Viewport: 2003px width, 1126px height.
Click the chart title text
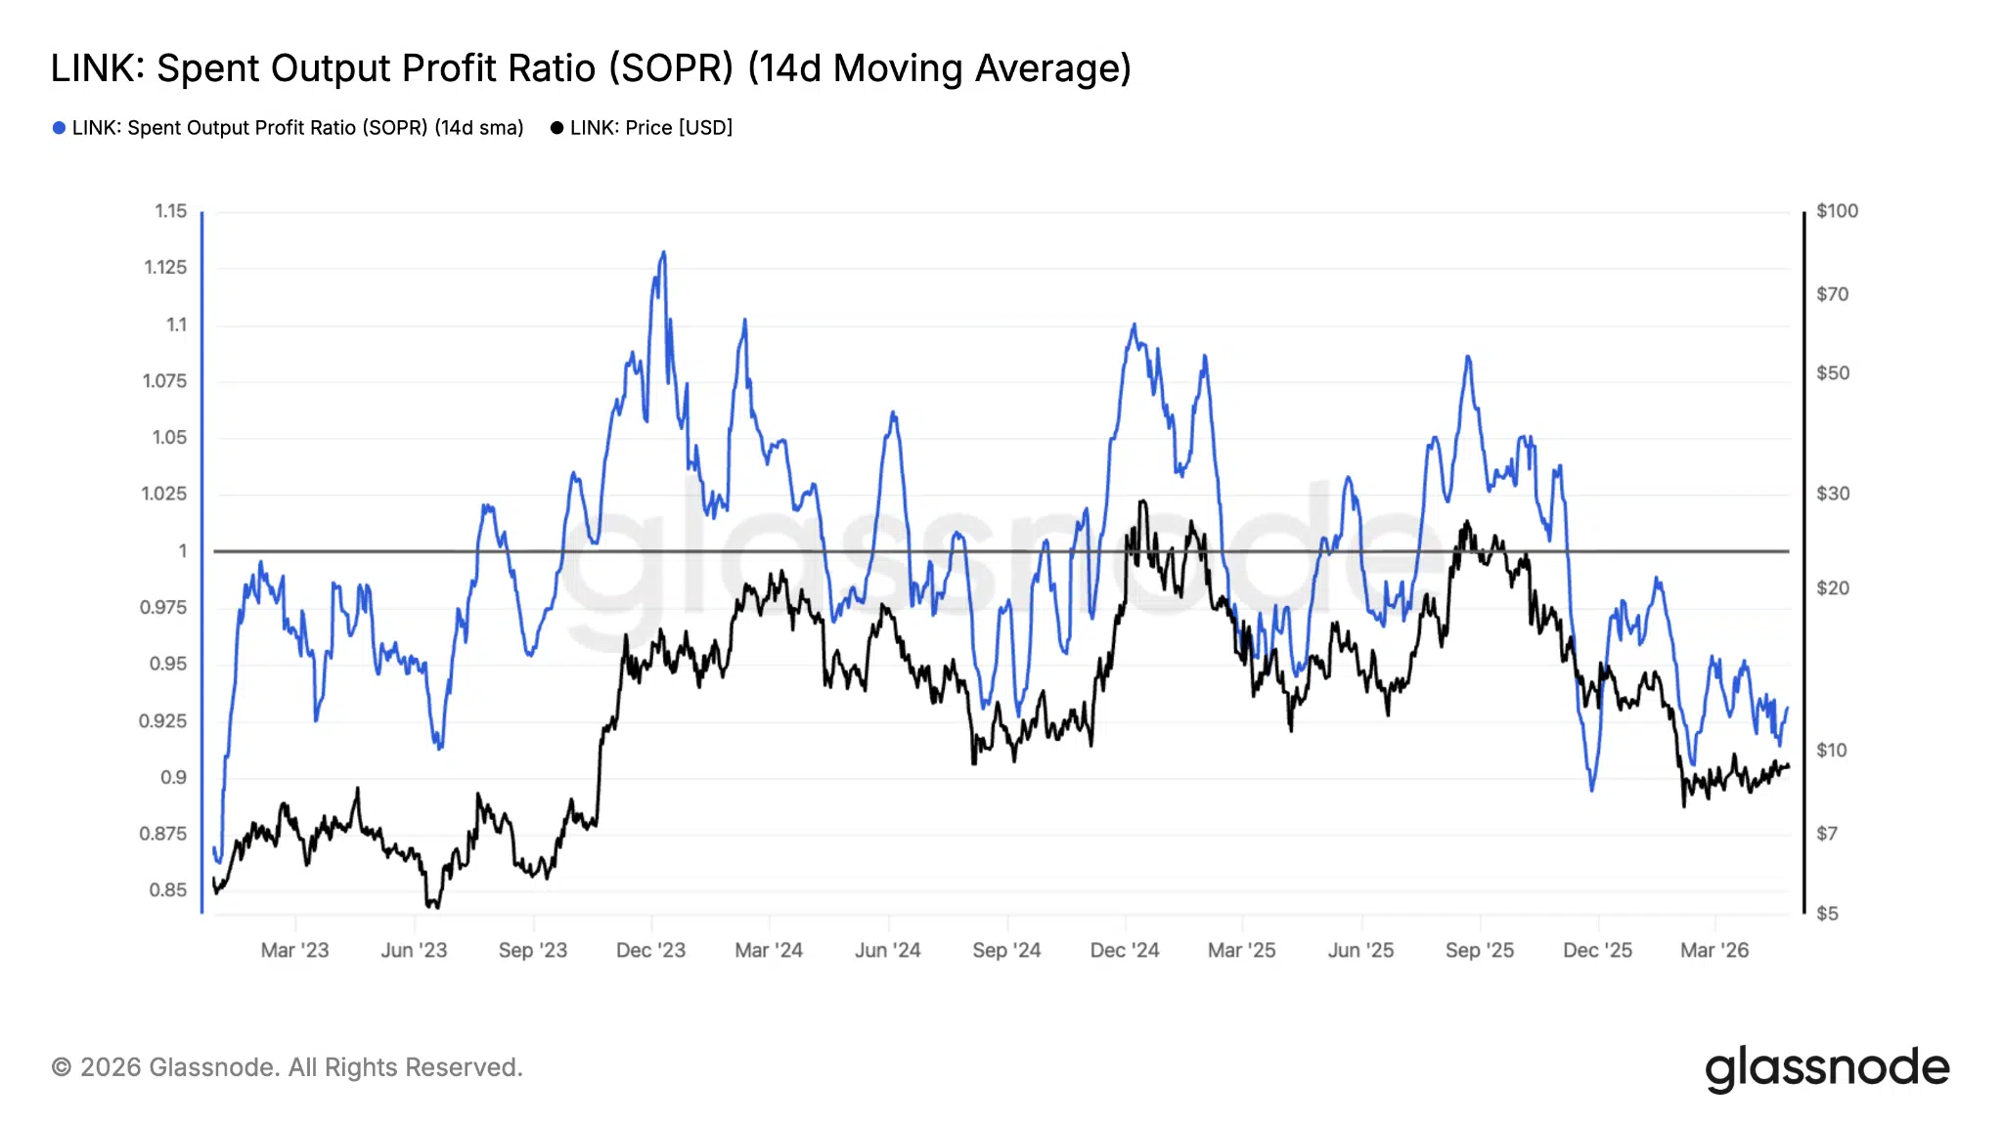click(591, 68)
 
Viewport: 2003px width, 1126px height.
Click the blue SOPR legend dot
click(59, 128)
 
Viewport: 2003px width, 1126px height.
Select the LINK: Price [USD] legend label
click(650, 128)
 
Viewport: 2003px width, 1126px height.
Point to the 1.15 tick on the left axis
click(171, 211)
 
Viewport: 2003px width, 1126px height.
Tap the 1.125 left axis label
click(165, 268)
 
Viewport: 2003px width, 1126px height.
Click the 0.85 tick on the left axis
click(168, 890)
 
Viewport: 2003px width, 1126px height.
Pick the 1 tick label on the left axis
click(182, 551)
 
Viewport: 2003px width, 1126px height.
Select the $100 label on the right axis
click(1837, 211)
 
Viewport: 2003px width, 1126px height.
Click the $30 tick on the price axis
click(1833, 494)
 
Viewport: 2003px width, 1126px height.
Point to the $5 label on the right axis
click(1827, 914)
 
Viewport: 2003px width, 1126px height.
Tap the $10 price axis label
click(1832, 751)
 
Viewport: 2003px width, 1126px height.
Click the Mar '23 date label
click(294, 950)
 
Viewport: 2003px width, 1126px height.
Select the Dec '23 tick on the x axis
click(650, 950)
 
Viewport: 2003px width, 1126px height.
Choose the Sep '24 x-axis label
click(1006, 950)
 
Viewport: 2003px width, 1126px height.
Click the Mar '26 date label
click(1714, 950)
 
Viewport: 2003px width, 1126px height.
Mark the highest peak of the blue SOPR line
click(664, 252)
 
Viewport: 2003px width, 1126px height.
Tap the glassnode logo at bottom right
click(1827, 1068)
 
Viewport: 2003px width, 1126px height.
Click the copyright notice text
click(287, 1067)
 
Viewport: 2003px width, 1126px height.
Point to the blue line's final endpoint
click(1788, 708)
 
